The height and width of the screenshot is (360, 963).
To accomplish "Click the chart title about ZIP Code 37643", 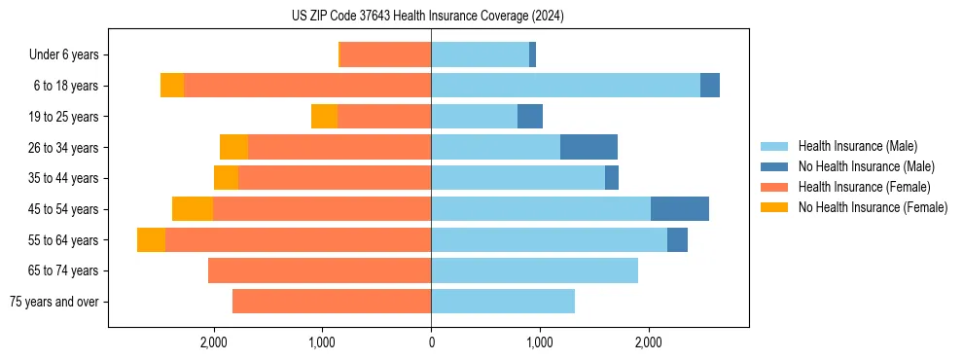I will point(427,17).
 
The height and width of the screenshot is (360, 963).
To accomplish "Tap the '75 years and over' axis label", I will point(53,302).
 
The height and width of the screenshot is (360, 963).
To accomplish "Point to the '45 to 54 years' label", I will point(63,209).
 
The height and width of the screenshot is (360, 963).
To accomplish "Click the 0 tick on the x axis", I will point(431,342).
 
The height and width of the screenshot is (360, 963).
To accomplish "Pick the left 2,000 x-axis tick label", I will point(213,342).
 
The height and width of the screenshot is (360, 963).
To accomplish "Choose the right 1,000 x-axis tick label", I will point(540,342).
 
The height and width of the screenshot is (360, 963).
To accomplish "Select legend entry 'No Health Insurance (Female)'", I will point(873,207).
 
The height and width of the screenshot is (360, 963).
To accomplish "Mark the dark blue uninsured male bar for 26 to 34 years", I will point(588,148).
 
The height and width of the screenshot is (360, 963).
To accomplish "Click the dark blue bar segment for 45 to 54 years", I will point(679,209).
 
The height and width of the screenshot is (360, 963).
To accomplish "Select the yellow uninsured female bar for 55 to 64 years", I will point(151,240).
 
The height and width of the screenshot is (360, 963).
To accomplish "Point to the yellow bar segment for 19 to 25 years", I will point(324,117).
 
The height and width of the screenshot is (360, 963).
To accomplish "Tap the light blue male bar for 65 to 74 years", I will point(534,270).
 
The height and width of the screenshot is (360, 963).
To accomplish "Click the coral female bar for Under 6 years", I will point(384,55).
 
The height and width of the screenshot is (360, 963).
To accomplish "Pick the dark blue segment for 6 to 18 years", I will point(709,86).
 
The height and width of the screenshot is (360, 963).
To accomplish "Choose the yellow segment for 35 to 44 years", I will point(226,178).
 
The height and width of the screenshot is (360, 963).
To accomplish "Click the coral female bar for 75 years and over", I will point(332,302).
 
